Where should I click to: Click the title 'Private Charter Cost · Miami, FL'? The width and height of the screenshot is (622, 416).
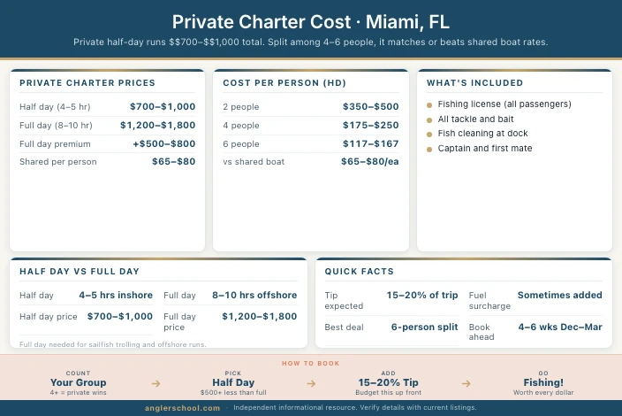(x=310, y=21)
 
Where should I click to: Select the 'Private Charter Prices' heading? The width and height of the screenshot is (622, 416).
(x=87, y=83)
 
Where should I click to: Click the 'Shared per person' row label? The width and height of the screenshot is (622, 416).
(x=58, y=162)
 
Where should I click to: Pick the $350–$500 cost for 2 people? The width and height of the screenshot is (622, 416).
(x=370, y=106)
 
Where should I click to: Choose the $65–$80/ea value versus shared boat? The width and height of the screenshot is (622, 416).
(x=369, y=162)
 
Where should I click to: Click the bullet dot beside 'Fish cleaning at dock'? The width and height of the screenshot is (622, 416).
(x=429, y=134)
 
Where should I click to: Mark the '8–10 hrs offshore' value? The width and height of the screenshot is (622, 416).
(x=254, y=295)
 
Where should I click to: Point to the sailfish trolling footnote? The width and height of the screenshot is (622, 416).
(x=112, y=343)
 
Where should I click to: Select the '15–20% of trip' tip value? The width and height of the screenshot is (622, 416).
(x=422, y=295)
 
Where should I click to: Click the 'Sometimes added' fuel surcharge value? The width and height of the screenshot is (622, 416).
(x=560, y=295)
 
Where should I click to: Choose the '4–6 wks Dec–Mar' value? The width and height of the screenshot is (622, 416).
(x=560, y=327)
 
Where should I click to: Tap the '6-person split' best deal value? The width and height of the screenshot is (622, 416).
(x=424, y=327)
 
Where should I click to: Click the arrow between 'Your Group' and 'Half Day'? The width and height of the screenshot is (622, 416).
(x=156, y=383)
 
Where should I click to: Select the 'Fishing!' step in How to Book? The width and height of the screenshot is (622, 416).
(x=543, y=382)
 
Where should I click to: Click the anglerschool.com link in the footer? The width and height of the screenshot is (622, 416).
(x=183, y=408)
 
